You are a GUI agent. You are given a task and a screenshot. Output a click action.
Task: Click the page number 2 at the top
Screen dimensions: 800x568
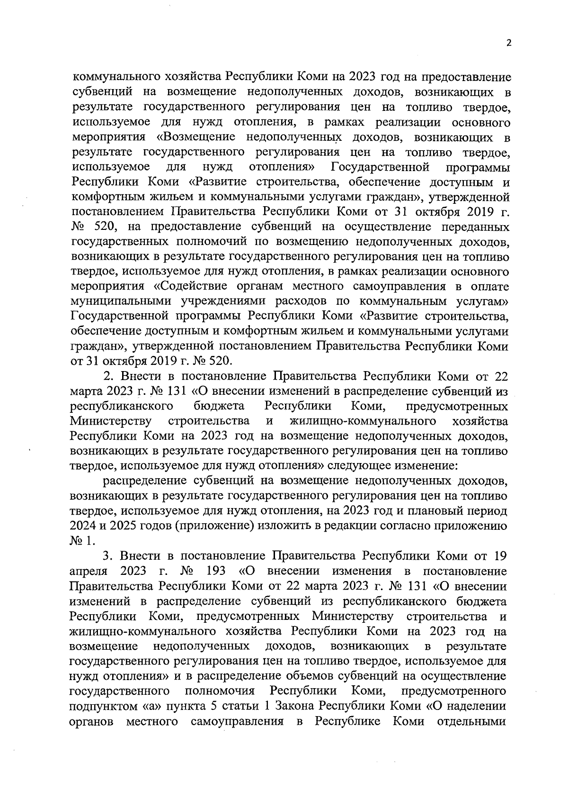(x=509, y=43)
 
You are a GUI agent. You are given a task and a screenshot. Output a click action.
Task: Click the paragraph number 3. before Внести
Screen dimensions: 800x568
(x=110, y=556)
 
